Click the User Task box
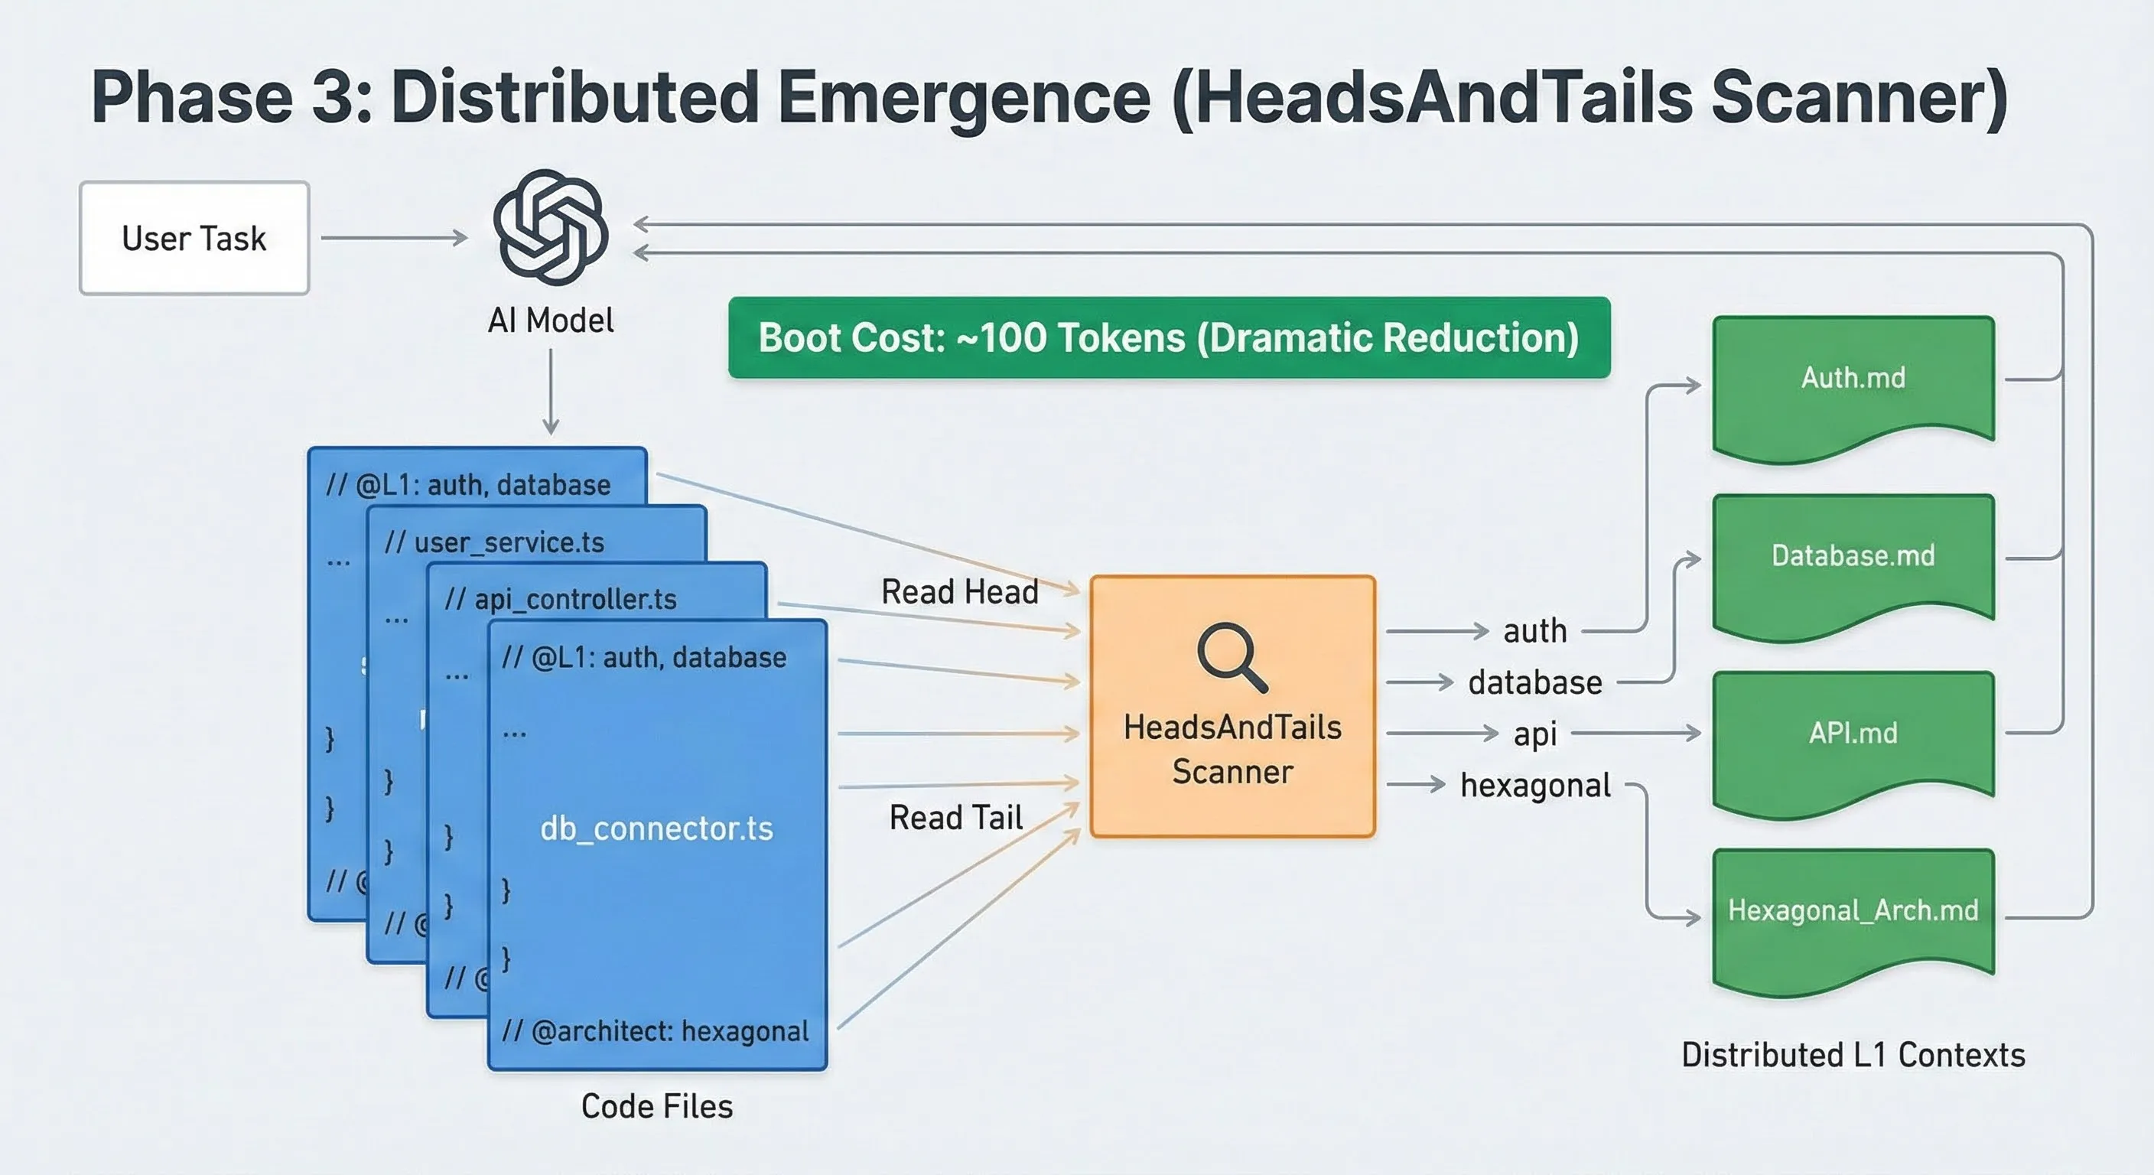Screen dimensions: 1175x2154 pos(194,239)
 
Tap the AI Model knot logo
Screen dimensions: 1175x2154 pos(550,227)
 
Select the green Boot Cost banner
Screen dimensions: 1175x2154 pos(1168,338)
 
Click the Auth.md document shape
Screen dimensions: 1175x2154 pos(1853,385)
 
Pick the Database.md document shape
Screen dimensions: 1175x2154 pos(1853,562)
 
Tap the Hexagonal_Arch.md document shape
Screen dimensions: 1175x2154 pos(1853,916)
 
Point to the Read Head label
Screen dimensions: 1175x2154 pos(959,592)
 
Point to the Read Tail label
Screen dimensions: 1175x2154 pos(955,817)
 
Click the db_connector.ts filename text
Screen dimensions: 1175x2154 pos(656,828)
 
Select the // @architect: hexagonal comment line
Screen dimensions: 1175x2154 pos(655,1031)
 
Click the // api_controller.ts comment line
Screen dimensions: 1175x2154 pos(560,599)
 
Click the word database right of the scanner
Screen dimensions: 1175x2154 pos(1535,682)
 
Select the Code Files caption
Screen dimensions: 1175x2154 pos(656,1106)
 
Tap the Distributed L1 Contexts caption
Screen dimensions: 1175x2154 pos(1853,1055)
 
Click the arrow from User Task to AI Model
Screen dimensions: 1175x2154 pos(393,239)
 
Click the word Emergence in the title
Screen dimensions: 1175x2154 pos(964,98)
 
